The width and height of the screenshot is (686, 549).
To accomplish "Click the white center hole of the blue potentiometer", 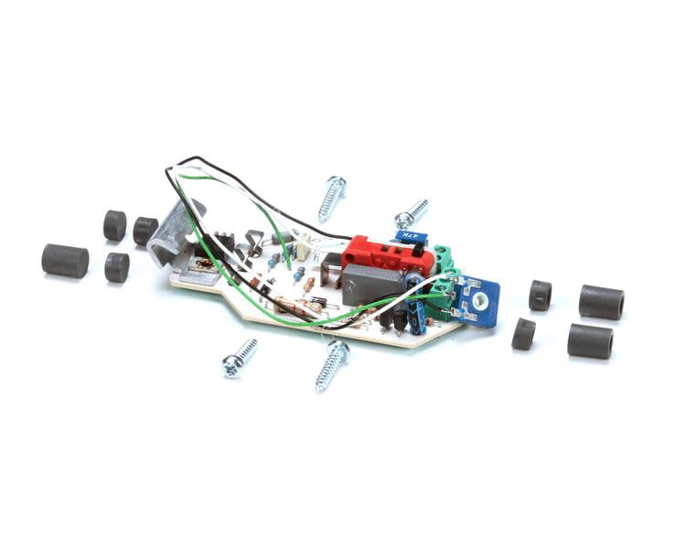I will tap(477, 300).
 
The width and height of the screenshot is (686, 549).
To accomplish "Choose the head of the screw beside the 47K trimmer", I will tap(402, 220).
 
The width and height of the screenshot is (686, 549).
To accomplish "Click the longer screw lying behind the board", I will tap(332, 198).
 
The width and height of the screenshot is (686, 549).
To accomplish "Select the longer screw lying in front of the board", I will tap(331, 363).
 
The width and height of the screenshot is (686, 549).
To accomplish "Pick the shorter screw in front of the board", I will tap(239, 358).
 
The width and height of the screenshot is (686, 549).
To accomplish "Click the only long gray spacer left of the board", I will tap(65, 260).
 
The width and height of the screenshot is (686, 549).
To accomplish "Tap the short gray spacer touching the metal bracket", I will tap(145, 231).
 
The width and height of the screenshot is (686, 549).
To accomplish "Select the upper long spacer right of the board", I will tap(601, 302).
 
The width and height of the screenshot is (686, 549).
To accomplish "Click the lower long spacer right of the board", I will tap(589, 340).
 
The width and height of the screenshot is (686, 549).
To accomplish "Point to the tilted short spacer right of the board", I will tap(524, 334).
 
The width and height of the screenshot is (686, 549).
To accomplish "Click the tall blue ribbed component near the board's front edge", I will tap(416, 311).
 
